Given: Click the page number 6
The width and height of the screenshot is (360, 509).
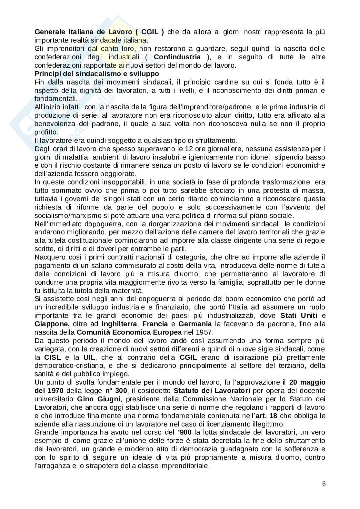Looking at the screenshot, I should tap(324, 484).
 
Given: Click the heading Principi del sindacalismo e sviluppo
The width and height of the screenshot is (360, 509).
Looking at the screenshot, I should tap(96, 74).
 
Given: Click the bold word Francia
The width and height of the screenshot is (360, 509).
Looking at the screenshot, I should tap(155, 324).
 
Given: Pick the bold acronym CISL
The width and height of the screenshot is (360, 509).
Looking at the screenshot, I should tap(52, 357).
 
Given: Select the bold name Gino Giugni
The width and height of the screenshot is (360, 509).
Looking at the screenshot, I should tap(96, 399).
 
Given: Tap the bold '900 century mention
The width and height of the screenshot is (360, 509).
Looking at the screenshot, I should tap(178, 432).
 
